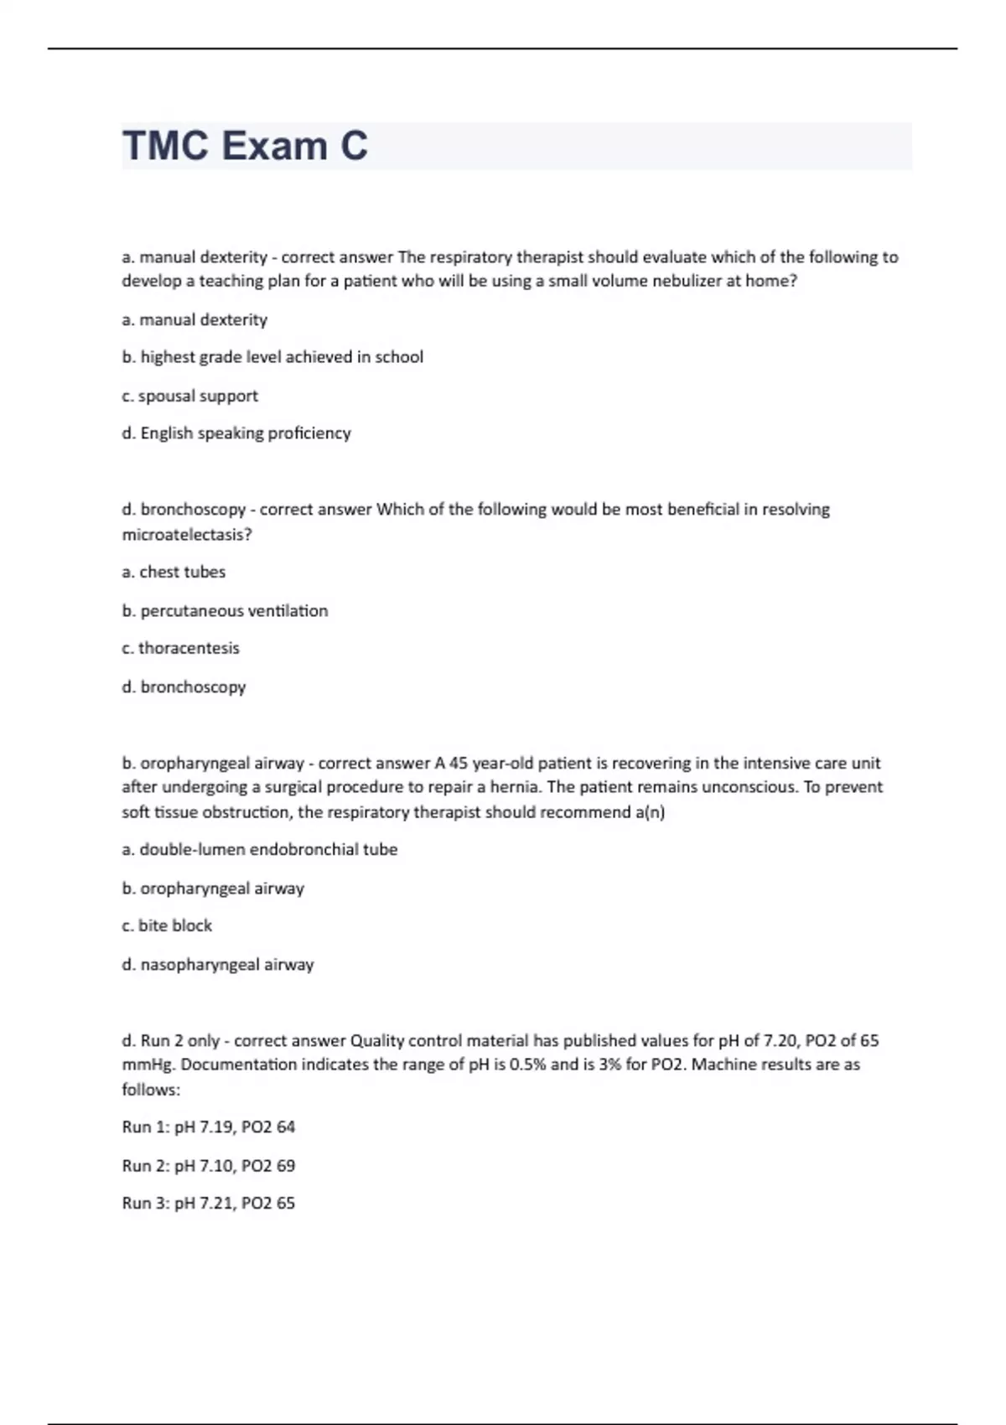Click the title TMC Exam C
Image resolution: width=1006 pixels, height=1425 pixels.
point(245,146)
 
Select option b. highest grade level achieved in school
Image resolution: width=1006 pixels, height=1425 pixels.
point(272,357)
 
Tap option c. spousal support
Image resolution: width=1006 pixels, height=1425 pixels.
point(189,396)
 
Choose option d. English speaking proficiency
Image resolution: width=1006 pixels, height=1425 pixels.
point(236,433)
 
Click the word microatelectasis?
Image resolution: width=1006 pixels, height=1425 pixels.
point(187,535)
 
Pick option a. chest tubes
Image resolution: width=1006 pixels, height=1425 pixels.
point(174,572)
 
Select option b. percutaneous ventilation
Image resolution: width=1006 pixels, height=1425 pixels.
point(225,611)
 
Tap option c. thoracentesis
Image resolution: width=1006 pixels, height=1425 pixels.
point(180,648)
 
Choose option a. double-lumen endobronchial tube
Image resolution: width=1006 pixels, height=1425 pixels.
point(260,849)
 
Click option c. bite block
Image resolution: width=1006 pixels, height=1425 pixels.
point(167,925)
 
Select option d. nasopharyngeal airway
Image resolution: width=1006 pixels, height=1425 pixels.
point(218,965)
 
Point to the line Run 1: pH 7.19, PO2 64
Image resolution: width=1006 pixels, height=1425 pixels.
point(209,1127)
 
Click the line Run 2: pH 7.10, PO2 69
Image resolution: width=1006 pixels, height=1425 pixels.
point(209,1165)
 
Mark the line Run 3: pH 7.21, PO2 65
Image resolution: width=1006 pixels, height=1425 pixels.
point(209,1203)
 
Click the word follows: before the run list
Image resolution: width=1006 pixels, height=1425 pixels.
point(151,1090)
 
